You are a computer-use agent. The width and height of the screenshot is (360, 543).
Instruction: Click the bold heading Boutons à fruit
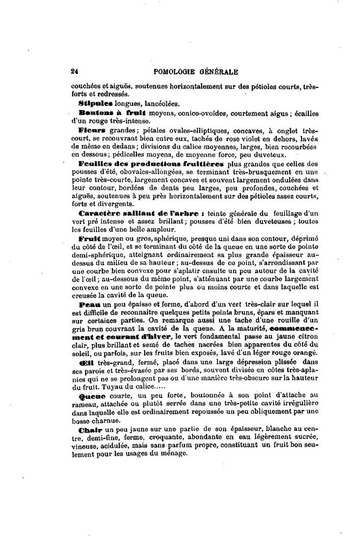tap(113, 112)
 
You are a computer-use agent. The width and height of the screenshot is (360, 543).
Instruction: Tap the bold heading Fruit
tap(89, 238)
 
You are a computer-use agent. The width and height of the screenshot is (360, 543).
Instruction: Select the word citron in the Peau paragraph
tap(307, 337)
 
